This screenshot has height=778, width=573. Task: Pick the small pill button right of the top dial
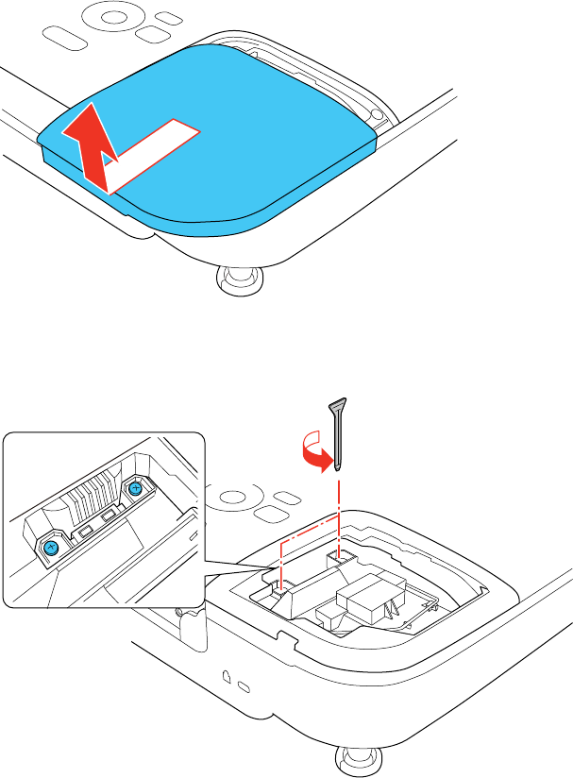point(170,18)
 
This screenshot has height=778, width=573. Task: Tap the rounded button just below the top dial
point(148,33)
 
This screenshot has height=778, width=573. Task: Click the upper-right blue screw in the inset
point(135,488)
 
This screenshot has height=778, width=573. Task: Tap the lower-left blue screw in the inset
point(53,547)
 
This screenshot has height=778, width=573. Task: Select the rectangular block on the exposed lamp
point(364,596)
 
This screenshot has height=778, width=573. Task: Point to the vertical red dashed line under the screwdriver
point(338,505)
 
